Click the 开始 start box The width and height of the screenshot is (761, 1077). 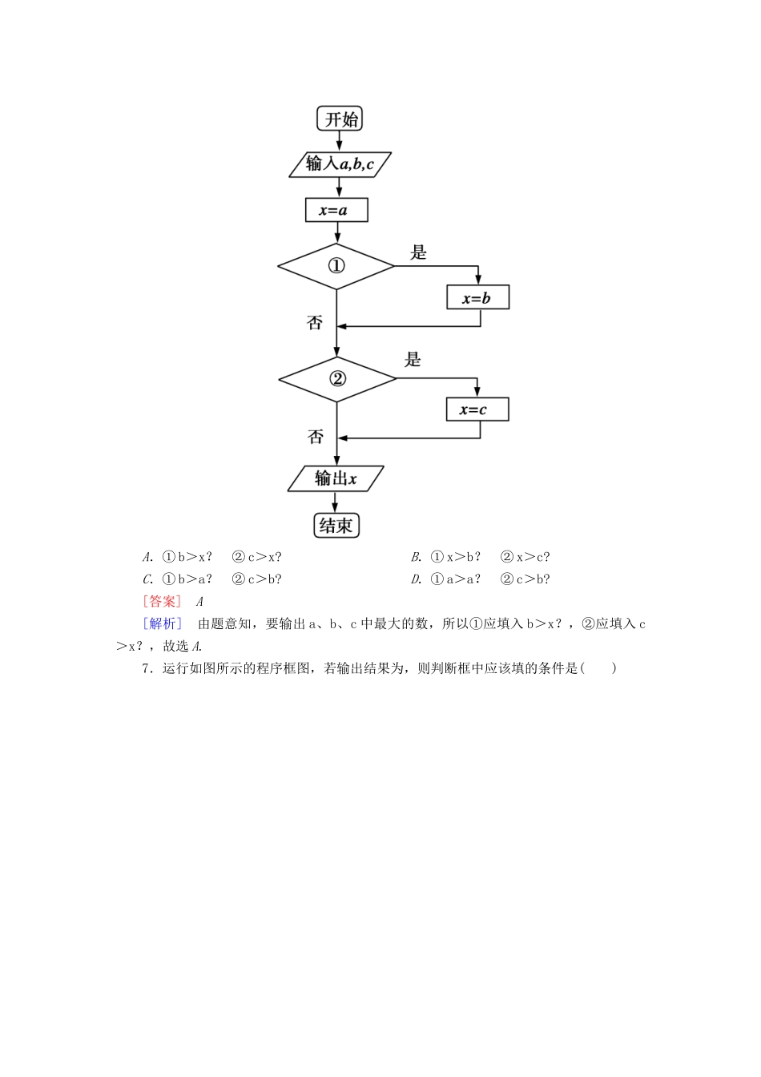point(340,119)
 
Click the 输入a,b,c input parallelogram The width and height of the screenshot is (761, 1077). point(341,164)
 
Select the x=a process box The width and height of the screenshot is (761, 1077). point(336,211)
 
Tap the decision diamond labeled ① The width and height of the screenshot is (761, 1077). point(336,266)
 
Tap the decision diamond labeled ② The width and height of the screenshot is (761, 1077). point(337,378)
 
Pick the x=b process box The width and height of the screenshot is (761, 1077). point(477,298)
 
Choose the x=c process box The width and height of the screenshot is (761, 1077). point(477,409)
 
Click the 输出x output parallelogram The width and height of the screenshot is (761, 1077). point(336,479)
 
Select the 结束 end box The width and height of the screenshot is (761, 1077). point(336,526)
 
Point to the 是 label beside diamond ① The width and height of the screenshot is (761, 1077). point(418,253)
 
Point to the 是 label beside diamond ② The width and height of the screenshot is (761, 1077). point(413,360)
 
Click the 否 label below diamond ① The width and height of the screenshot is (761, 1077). point(315,323)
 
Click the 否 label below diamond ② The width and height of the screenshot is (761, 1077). point(316,437)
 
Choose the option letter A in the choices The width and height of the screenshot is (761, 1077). point(147,557)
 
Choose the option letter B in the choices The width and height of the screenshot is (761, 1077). point(416,557)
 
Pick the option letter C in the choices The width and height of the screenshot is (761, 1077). point(147,579)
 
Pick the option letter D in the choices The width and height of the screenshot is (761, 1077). point(416,579)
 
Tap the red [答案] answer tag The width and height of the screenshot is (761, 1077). point(162,602)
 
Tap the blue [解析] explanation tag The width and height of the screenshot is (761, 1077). point(162,623)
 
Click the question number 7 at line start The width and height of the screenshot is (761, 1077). point(147,668)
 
